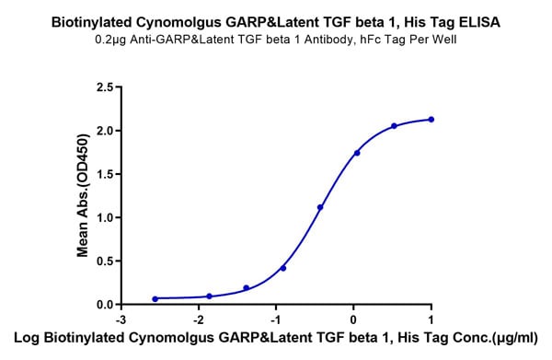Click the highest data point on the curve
point(431,120)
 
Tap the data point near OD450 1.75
point(357,153)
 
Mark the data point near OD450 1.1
point(320,207)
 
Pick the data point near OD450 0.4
point(283,268)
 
